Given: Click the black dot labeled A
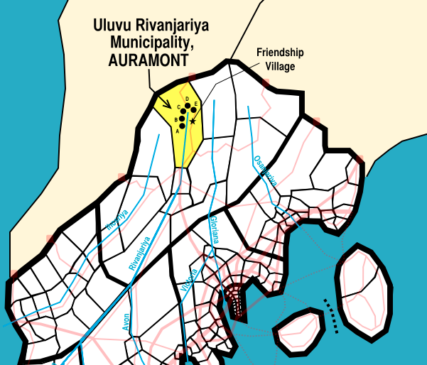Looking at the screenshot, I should pos(183,126).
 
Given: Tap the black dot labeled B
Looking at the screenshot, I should pos(181,119).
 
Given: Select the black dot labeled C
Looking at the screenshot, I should pos(184,111).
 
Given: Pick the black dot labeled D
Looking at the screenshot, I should pos(188,106).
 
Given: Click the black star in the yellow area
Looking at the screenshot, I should pos(193,122).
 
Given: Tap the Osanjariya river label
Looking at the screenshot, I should pos(265,171).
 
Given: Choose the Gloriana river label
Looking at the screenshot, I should pos(212,229).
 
